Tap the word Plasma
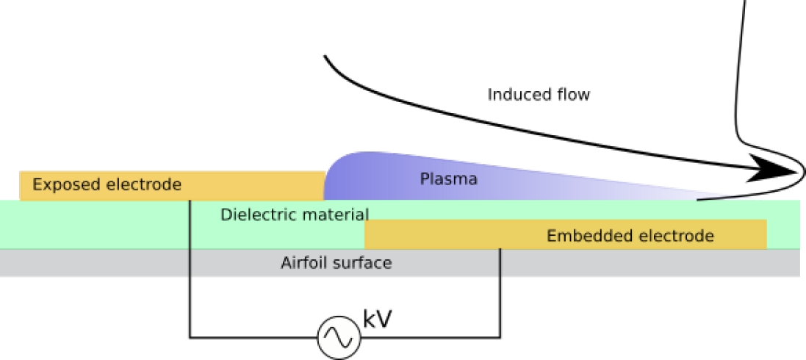pyautogui.click(x=449, y=179)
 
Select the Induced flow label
pyautogui.click(x=539, y=95)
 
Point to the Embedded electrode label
pyautogui.click(x=630, y=236)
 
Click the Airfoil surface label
pyautogui.click(x=336, y=262)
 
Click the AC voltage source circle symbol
pyautogui.click(x=339, y=337)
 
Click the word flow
pyautogui.click(x=573, y=95)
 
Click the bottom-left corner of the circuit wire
pyautogui.click(x=190, y=338)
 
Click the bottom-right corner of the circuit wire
pyautogui.click(x=500, y=338)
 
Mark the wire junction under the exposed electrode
pyautogui.click(x=190, y=201)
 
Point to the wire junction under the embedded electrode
pyautogui.click(x=500, y=249)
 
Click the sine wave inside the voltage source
pyautogui.click(x=339, y=337)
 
